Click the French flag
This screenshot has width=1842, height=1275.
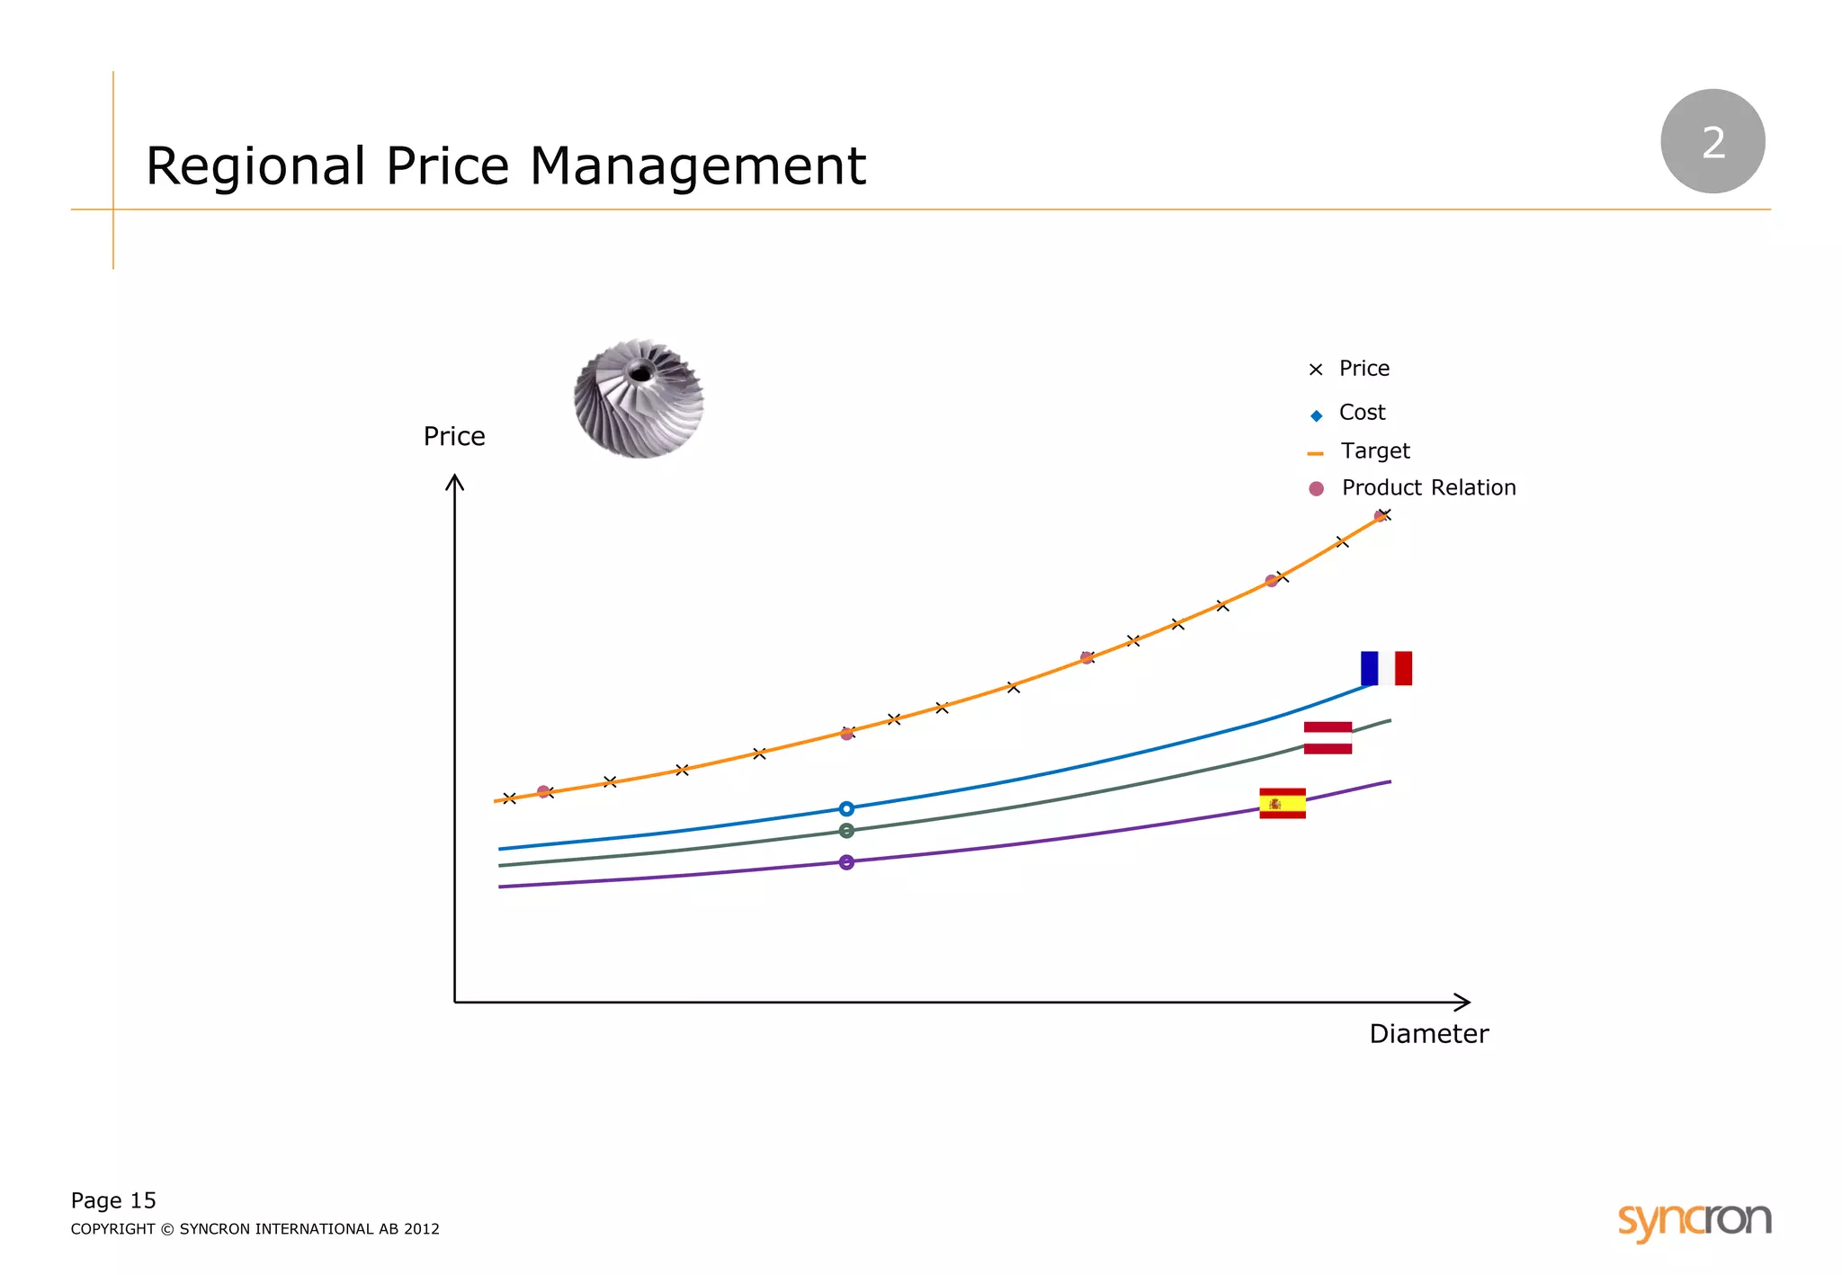pyautogui.click(x=1386, y=668)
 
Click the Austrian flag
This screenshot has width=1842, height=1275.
pyautogui.click(x=1328, y=737)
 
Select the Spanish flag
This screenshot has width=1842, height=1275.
pyautogui.click(x=1282, y=803)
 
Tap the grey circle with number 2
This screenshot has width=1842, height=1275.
pyautogui.click(x=1712, y=141)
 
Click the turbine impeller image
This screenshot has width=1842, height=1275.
pyautogui.click(x=639, y=398)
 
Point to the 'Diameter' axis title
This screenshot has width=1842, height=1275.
pyautogui.click(x=1428, y=1034)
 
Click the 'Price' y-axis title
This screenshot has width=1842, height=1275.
pyautogui.click(x=454, y=437)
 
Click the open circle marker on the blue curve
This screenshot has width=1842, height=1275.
pyautogui.click(x=846, y=808)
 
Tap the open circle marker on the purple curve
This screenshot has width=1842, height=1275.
pyautogui.click(x=846, y=862)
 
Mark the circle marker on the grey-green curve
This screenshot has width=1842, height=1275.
pyautogui.click(x=846, y=831)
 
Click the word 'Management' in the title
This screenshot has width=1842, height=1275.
pyautogui.click(x=697, y=166)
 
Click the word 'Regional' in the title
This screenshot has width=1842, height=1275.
pyautogui.click(x=256, y=168)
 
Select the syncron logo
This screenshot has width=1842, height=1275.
pyautogui.click(x=1694, y=1220)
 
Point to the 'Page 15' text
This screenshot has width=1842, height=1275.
pyautogui.click(x=113, y=1200)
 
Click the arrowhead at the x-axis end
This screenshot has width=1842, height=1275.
pyautogui.click(x=1462, y=1002)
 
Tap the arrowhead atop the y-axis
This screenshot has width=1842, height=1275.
pyautogui.click(x=455, y=484)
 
